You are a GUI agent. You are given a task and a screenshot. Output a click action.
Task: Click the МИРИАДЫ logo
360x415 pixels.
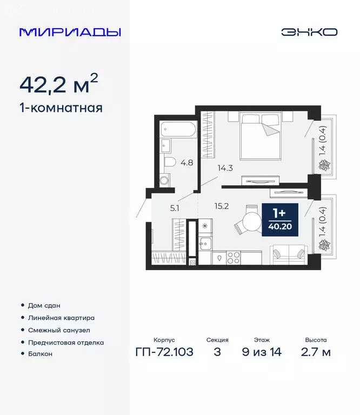coord(70,32)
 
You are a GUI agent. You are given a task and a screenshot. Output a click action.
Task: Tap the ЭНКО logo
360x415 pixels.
coord(309,32)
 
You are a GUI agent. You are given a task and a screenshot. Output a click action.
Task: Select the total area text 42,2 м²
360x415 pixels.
coord(59,84)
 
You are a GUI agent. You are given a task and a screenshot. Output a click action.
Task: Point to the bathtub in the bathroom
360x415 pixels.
coord(177,130)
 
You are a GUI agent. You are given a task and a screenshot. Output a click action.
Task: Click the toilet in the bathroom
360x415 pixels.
coord(169,162)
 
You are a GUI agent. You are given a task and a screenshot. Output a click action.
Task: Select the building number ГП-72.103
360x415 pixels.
coord(164,353)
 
